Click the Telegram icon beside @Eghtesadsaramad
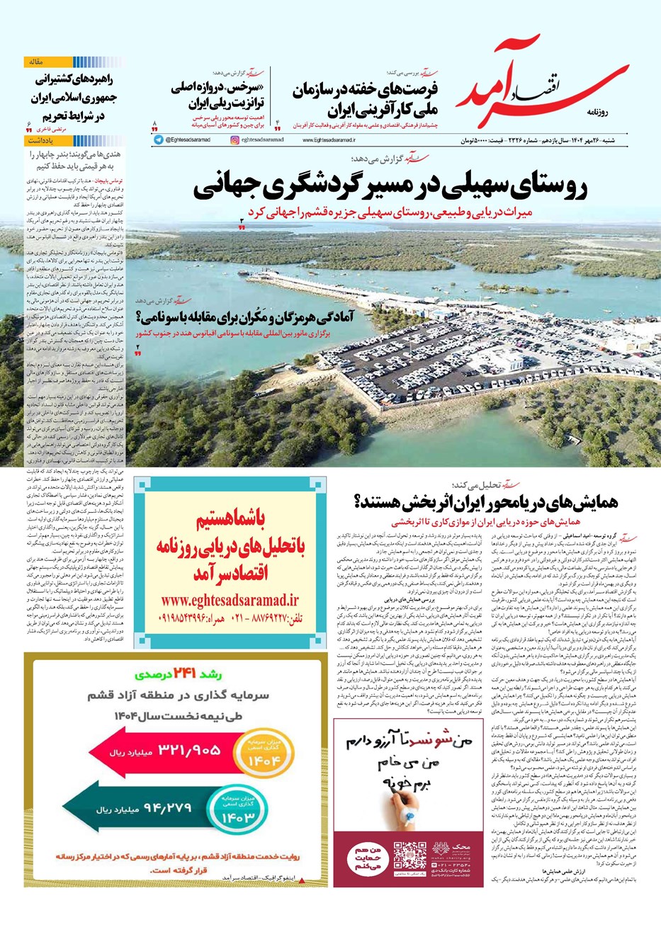click(x=158, y=140)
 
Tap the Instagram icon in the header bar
click(x=235, y=140)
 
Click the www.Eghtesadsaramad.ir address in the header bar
click(x=329, y=140)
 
